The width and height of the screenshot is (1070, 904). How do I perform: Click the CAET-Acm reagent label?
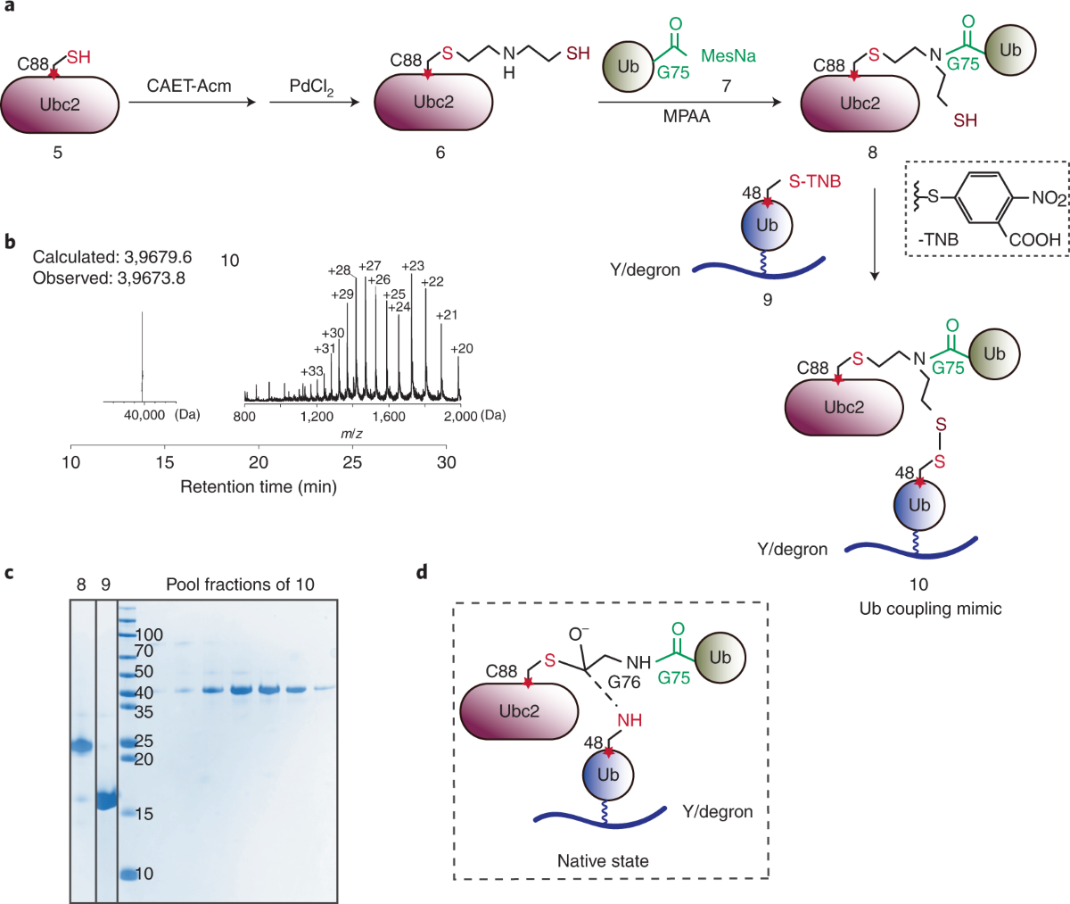(189, 87)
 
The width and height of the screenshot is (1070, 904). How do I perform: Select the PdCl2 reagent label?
(311, 87)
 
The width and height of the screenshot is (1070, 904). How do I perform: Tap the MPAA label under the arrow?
(686, 116)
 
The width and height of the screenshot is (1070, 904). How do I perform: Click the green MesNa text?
(728, 56)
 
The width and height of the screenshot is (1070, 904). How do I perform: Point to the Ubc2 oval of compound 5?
(59, 105)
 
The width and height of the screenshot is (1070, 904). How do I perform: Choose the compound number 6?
(440, 153)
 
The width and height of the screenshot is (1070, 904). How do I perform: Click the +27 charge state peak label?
(370, 266)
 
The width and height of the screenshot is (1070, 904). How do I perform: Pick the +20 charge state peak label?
(461, 349)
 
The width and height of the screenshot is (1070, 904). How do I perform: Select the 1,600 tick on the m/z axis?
(388, 416)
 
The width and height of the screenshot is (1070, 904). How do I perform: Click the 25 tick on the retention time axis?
(352, 462)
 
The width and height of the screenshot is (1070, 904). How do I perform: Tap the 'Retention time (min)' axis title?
(259, 486)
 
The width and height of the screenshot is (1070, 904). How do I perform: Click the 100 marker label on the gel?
(149, 634)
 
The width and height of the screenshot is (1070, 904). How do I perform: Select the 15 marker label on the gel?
(144, 814)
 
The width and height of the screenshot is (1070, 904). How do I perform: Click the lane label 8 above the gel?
(81, 585)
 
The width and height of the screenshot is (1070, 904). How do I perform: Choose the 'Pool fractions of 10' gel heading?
(240, 585)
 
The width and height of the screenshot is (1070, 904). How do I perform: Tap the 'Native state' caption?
(603, 861)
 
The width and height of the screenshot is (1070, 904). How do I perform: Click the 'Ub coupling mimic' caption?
(930, 609)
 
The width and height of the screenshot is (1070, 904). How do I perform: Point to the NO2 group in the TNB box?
(1049, 198)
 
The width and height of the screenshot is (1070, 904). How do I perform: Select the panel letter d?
(422, 571)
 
